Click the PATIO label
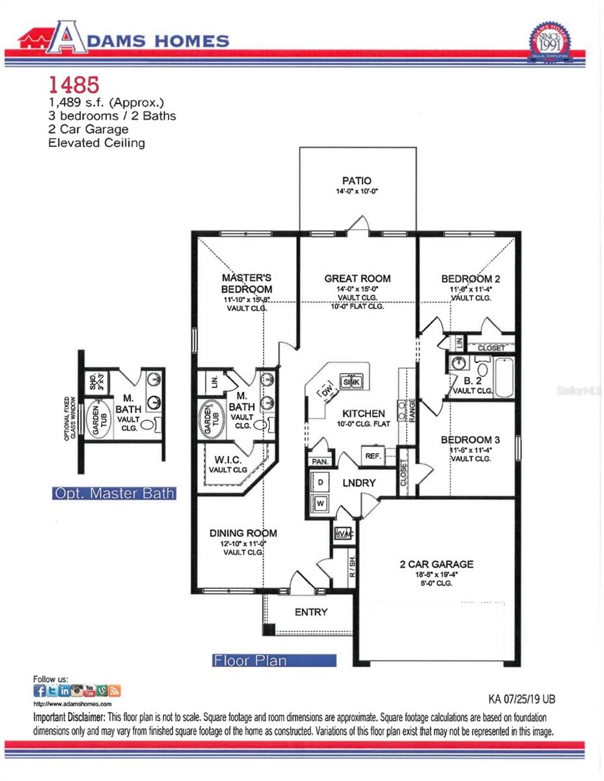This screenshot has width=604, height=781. click(x=357, y=180)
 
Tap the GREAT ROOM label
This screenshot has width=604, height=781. click(x=357, y=279)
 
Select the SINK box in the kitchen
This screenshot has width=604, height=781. click(x=351, y=382)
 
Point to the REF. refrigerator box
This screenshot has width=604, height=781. click(x=374, y=456)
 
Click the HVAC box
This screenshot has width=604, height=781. click(x=343, y=534)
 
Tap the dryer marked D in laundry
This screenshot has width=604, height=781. click(x=321, y=482)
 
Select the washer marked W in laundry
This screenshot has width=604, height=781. click(x=321, y=503)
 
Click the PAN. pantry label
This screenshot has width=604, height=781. click(x=320, y=461)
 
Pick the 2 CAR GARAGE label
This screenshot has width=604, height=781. click(x=436, y=564)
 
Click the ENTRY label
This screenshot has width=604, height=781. click(x=311, y=612)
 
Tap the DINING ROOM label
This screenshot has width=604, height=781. click(x=243, y=533)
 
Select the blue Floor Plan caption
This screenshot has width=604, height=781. click(x=274, y=661)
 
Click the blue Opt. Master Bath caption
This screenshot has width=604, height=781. click(x=114, y=493)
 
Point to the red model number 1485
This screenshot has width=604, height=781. click(x=74, y=85)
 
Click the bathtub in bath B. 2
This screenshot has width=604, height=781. click(x=503, y=377)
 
